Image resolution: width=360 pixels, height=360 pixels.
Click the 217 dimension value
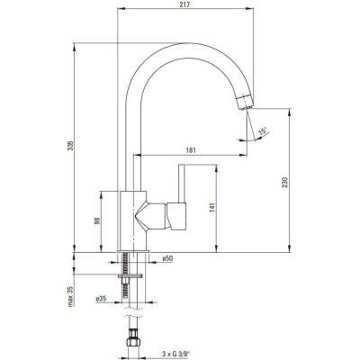click(185, 4)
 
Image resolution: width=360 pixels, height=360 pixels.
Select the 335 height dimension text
click(70, 146)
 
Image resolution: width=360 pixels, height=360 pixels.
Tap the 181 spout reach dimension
click(191, 150)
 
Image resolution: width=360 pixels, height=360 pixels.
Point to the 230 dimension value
click(284, 183)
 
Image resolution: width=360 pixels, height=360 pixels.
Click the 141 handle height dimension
click(212, 208)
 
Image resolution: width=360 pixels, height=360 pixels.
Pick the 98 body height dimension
click(97, 220)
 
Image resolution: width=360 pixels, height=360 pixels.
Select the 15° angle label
click(264, 130)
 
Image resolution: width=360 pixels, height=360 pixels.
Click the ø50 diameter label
click(167, 258)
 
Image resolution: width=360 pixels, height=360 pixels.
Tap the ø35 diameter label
click(101, 299)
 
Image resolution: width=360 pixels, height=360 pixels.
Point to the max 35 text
click(70, 296)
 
